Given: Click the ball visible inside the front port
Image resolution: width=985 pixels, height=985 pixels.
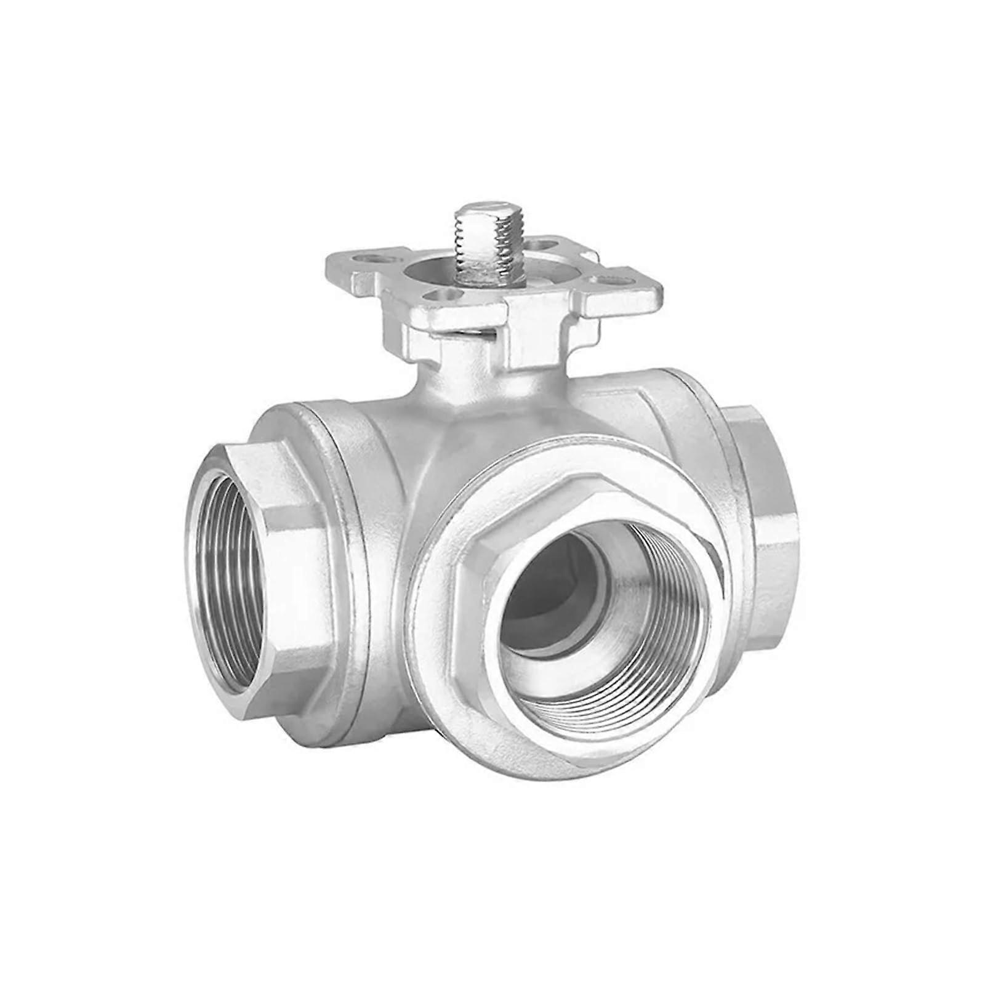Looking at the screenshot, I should pos(554,591).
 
